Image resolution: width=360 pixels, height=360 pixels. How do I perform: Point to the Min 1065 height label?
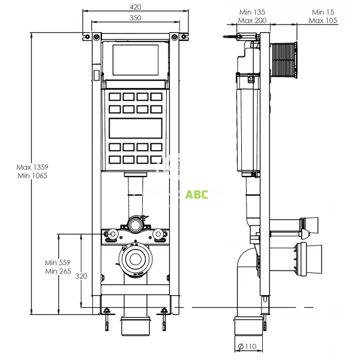pos(31,176)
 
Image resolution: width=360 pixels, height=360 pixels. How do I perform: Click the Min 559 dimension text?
pos(58,262)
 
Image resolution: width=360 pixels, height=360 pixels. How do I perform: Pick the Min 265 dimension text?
pos(58,272)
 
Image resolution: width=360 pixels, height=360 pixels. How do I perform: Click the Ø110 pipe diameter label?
pos(247,346)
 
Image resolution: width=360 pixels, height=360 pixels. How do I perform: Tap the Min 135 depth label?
pos(253,11)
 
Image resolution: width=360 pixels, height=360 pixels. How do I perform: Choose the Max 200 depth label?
pos(253,20)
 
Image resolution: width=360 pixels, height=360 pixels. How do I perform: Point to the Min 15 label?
pos(323,11)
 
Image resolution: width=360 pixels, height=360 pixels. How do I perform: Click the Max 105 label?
pos(323,20)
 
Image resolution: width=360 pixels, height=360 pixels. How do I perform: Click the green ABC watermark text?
pos(197,194)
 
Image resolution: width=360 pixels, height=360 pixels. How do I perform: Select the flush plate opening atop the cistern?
pos(135,59)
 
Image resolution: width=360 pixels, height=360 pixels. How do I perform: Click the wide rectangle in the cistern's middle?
pos(135,128)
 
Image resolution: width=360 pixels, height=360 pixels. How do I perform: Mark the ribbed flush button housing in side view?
pos(285,60)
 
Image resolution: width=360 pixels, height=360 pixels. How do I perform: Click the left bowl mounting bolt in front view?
pos(110,234)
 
